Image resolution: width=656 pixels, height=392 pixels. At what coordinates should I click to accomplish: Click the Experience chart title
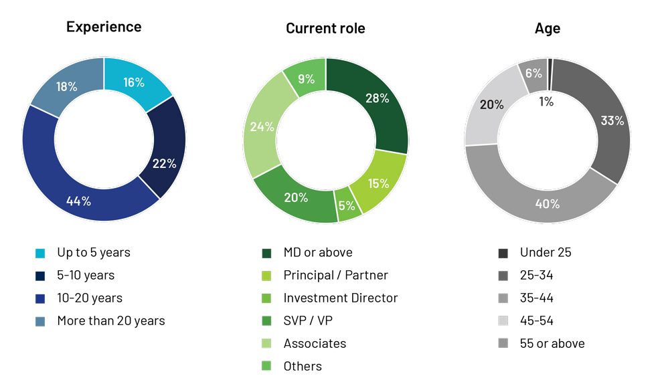(x=104, y=27)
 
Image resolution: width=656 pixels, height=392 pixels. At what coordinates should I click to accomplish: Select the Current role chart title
(x=325, y=28)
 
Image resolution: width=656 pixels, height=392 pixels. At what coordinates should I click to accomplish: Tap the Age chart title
(x=548, y=28)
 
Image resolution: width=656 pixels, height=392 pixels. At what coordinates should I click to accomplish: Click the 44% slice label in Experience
(x=79, y=201)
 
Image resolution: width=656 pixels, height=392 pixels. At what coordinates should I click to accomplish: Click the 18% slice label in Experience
(x=66, y=86)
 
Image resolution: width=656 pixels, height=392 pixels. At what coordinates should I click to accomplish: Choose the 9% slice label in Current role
(x=307, y=78)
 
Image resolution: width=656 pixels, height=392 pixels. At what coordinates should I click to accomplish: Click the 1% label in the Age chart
(x=546, y=102)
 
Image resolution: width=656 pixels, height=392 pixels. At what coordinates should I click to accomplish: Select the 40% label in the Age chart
(x=548, y=203)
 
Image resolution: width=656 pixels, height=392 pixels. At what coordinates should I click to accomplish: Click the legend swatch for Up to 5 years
(x=40, y=254)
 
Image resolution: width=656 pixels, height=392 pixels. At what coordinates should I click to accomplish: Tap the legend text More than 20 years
(x=111, y=320)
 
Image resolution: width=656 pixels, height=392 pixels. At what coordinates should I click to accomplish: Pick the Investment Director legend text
(x=341, y=298)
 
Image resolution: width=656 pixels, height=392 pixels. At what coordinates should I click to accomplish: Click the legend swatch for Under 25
(x=503, y=254)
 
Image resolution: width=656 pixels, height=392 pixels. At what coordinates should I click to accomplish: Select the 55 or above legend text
(x=552, y=343)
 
